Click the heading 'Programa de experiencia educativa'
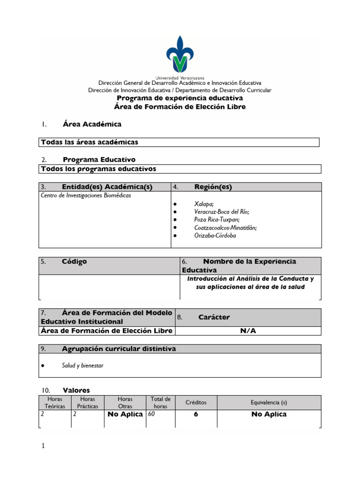click(x=180, y=98)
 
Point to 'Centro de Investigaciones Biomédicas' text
click(x=86, y=195)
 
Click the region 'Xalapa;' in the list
click(x=204, y=204)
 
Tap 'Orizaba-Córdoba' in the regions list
click(x=215, y=235)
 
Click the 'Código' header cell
click(x=74, y=262)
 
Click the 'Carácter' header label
click(x=214, y=317)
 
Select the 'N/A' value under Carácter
click(x=248, y=331)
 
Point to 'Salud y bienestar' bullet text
click(x=82, y=366)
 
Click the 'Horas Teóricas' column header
click(x=55, y=403)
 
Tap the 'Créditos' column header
click(x=195, y=403)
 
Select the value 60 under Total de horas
click(x=151, y=414)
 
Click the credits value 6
click(x=195, y=414)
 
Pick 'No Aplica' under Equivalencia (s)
click(x=269, y=414)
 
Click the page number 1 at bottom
click(x=43, y=446)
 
